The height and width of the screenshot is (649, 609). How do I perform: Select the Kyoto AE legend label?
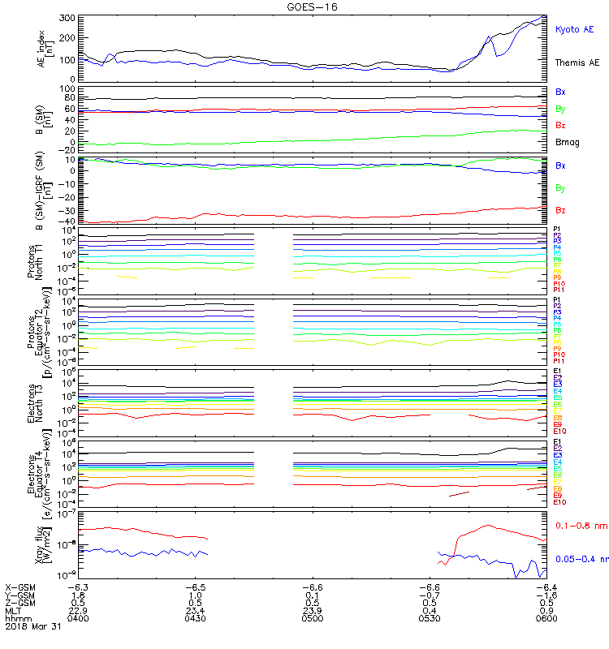coord(574,29)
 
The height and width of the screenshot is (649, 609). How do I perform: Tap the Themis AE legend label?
coord(577,62)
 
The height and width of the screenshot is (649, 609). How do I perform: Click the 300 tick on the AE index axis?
coord(67,18)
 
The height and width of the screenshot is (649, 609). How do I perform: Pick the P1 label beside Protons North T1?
coord(558,230)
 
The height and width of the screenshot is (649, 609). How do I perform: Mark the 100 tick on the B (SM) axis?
coord(67,88)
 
